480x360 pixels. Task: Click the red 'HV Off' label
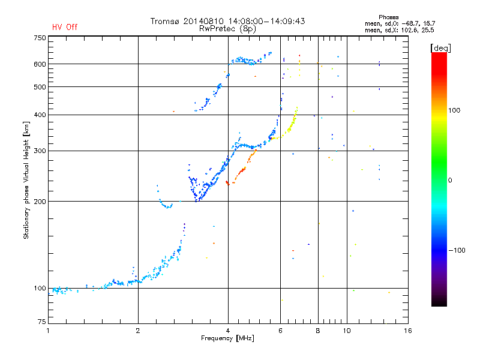64,27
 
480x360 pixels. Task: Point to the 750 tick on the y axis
40,38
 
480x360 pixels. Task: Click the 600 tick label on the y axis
40,64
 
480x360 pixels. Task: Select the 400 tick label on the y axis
40,115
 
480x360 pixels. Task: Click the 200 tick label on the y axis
40,202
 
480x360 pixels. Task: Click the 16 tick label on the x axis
407,331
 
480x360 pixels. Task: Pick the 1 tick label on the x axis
48,331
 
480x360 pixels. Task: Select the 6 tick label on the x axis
280,331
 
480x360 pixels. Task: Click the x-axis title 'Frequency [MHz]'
228,339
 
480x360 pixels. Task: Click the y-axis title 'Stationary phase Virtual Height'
26,180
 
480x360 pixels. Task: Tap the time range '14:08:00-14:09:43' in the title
265,21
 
